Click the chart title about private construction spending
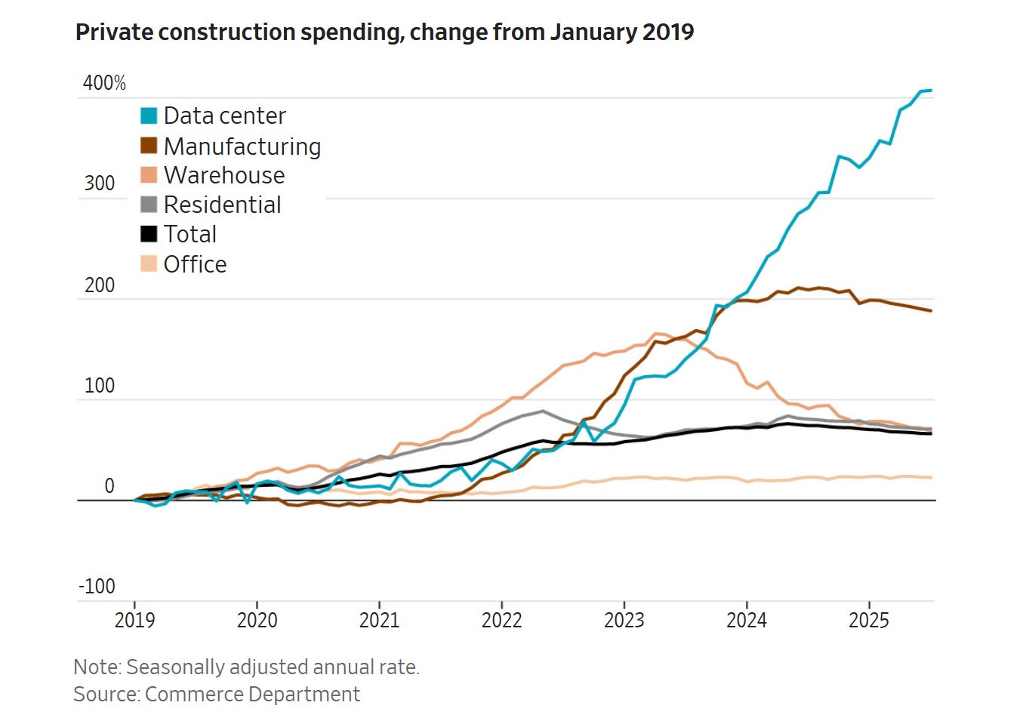384,32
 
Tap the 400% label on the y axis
104,82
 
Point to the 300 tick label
100,183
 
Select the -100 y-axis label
97,587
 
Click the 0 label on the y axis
109,486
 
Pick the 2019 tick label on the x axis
134,621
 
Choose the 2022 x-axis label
501,621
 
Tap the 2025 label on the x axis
868,621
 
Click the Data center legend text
224,116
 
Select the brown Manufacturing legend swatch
149,145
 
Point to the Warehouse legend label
224,175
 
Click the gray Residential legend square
149,205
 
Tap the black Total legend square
149,234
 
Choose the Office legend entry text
195,264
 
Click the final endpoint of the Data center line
931,91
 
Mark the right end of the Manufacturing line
931,311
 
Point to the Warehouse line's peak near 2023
657,333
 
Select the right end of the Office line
931,477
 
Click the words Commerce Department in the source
252,695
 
